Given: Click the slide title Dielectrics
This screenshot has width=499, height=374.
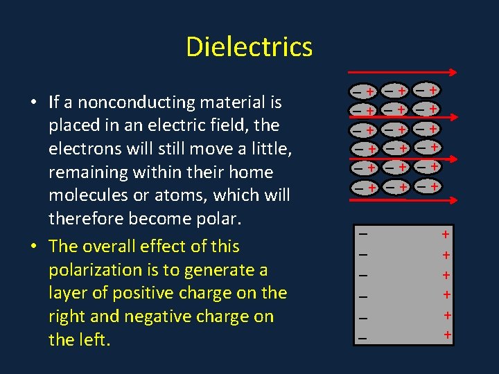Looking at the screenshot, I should (x=249, y=47).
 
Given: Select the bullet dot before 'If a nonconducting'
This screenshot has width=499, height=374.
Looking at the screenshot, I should (x=33, y=103).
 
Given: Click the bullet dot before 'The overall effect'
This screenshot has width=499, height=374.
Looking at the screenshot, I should (x=33, y=247).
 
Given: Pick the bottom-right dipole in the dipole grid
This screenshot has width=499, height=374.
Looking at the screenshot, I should (x=426, y=186).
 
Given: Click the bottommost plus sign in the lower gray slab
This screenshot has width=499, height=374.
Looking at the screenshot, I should (x=447, y=336).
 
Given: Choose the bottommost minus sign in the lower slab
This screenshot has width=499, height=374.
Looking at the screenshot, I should (x=362, y=339).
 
